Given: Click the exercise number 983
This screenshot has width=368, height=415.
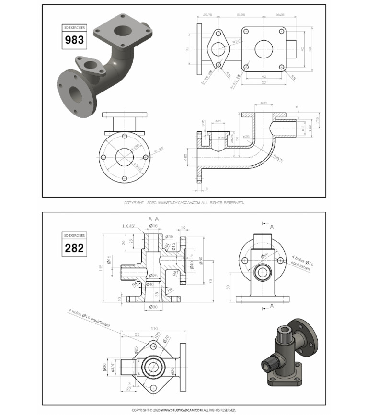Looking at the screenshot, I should tap(74, 40).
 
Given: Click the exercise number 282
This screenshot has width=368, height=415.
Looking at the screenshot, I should tap(74, 247).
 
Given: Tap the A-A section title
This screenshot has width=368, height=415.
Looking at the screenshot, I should tap(154, 219).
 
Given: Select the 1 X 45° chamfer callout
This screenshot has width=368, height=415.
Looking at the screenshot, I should tap(129, 225).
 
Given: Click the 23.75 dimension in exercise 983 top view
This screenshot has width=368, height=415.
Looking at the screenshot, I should tap(208, 15).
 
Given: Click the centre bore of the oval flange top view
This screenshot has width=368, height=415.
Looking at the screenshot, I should tap(219, 49).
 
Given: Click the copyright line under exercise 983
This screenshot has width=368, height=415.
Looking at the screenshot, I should tap(184, 203).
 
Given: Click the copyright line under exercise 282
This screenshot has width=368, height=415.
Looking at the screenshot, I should tap(184, 410).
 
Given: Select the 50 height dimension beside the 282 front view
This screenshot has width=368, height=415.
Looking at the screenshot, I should tap(229, 286).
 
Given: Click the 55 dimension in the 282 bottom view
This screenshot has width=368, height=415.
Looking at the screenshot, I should tap(137, 334).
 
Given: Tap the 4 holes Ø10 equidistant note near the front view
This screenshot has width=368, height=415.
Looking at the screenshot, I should tap(303, 264).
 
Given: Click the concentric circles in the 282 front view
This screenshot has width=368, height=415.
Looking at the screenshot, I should tap(263, 272).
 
